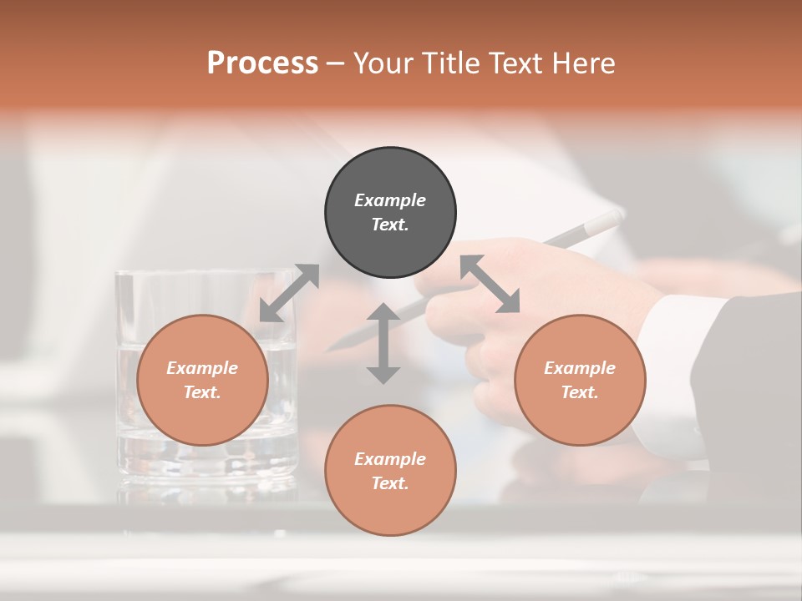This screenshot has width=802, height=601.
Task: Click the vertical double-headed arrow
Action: tap(383, 343)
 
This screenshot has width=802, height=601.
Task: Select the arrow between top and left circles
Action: tap(289, 293)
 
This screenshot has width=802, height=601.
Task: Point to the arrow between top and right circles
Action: tap(490, 284)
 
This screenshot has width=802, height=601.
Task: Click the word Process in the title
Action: tap(262, 63)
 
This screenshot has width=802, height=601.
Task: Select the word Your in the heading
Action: tap(383, 63)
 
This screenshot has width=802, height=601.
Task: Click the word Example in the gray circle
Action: tap(390, 200)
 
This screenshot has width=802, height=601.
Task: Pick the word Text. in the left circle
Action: tap(202, 392)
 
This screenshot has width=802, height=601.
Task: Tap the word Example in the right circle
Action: tap(580, 368)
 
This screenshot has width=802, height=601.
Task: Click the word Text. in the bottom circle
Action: tap(390, 483)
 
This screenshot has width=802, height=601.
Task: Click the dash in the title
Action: tap(336, 63)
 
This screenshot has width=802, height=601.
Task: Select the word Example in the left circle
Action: tap(202, 368)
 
